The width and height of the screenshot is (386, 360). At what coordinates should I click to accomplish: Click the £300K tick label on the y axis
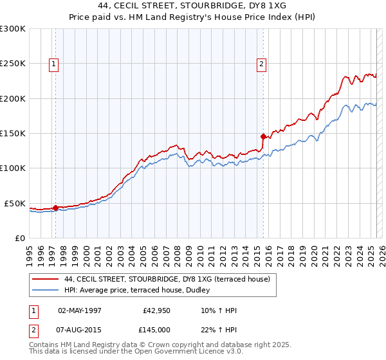point(13,29)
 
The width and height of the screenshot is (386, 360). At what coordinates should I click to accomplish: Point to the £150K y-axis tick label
point(13,134)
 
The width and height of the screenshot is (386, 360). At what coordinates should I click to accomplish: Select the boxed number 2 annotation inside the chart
point(261,64)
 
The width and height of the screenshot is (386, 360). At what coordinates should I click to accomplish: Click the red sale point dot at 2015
point(262,136)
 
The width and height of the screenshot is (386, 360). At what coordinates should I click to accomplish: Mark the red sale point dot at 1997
point(55,208)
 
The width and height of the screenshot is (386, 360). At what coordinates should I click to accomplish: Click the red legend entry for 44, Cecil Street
point(170,279)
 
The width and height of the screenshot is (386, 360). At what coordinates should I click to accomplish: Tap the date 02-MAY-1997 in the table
point(80,310)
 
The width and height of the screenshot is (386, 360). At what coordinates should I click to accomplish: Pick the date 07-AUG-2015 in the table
point(80,328)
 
